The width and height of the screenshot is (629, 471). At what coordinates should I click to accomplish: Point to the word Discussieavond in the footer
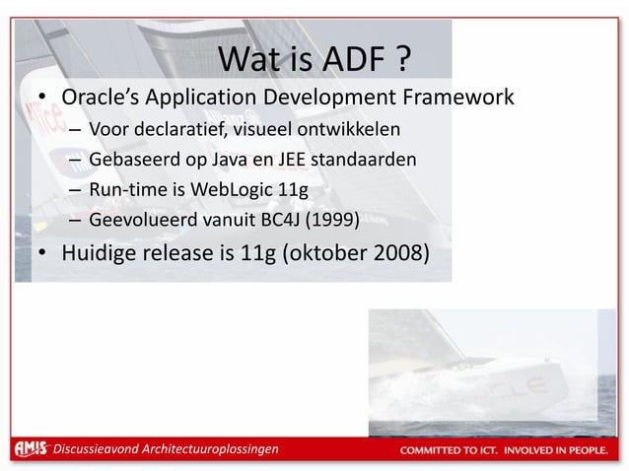coord(96,449)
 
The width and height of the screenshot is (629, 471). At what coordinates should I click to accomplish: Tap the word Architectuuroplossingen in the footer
coord(211,449)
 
